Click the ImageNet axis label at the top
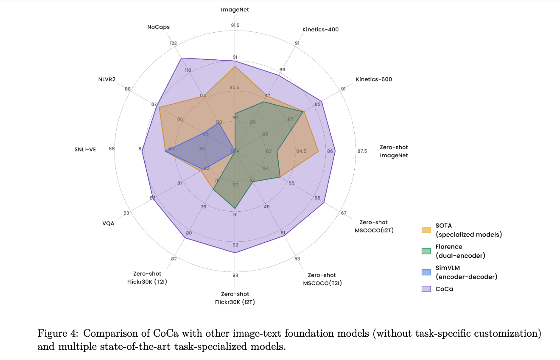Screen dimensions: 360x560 pos(235,9)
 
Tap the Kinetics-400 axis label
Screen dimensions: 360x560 pos(320,29)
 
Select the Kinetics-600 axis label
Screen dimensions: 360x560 pos(374,79)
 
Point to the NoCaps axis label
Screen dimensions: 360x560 pos(158,27)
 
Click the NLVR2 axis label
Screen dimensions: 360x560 pos(106,79)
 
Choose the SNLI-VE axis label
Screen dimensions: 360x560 pos(85,149)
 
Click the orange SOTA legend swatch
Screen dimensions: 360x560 pos(426,230)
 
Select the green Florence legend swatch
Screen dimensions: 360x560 pos(426,251)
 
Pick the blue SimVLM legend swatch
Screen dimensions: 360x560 pos(426,272)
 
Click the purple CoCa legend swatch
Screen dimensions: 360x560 pos(426,289)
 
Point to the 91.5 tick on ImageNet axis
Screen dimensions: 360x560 pos(235,25)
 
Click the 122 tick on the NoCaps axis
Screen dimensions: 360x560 pos(173,43)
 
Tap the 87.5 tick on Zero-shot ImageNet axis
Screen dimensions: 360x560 pos(362,151)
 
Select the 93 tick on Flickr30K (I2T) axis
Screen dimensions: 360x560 pos(235,276)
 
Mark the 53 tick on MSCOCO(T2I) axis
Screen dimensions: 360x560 pos(297,259)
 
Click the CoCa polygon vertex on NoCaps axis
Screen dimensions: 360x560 pos(181,58)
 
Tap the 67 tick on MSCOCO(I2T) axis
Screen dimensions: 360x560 pos(343,213)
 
